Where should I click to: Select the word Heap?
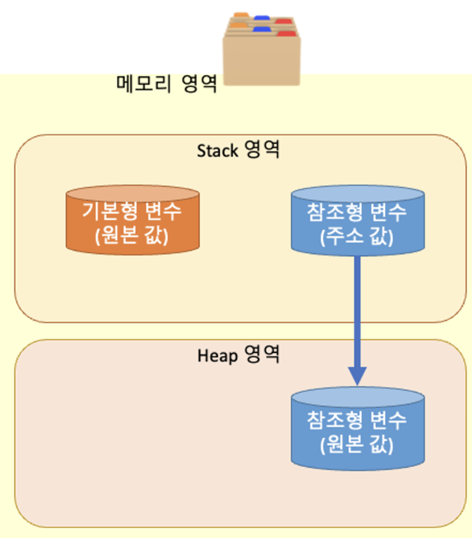point(218,355)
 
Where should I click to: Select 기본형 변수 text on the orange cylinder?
point(133,210)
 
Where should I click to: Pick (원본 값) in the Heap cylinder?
point(357,442)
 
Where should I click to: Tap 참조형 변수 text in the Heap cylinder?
point(357,420)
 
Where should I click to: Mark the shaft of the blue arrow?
point(357,306)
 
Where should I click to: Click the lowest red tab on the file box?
point(286,34)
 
